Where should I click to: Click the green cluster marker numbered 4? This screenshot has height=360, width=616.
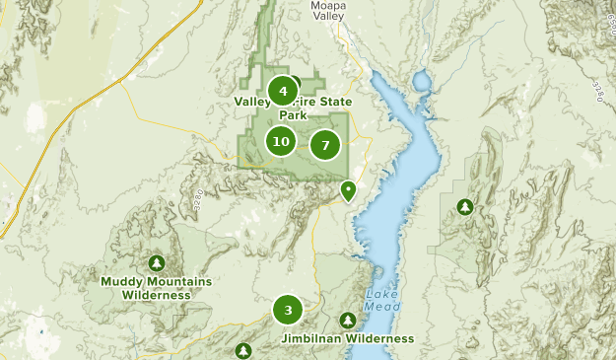click(x=283, y=92)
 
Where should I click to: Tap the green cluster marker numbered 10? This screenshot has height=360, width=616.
click(x=281, y=142)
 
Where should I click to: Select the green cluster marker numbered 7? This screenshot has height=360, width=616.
click(x=324, y=146)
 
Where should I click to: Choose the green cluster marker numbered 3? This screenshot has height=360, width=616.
click(x=288, y=311)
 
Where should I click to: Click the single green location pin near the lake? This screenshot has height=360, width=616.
click(x=348, y=189)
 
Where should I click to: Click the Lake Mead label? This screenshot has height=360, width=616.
click(x=383, y=300)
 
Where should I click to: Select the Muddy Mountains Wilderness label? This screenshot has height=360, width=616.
click(x=156, y=288)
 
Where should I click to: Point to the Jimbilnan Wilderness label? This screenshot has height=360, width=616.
click(x=348, y=338)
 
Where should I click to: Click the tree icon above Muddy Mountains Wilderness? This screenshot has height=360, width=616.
click(x=156, y=263)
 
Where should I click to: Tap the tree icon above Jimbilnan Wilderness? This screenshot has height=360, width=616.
click(x=347, y=321)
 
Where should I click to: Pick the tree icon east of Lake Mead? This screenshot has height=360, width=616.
click(x=464, y=207)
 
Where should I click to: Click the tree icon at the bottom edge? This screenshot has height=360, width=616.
click(x=243, y=350)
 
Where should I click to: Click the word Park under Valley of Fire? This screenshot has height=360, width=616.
click(x=293, y=114)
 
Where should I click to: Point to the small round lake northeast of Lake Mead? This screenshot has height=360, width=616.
click(x=422, y=79)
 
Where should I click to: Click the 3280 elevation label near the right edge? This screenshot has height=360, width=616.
click(x=598, y=90)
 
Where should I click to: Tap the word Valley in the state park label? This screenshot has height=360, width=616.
click(x=252, y=101)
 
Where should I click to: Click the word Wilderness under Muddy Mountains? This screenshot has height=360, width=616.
click(x=157, y=295)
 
